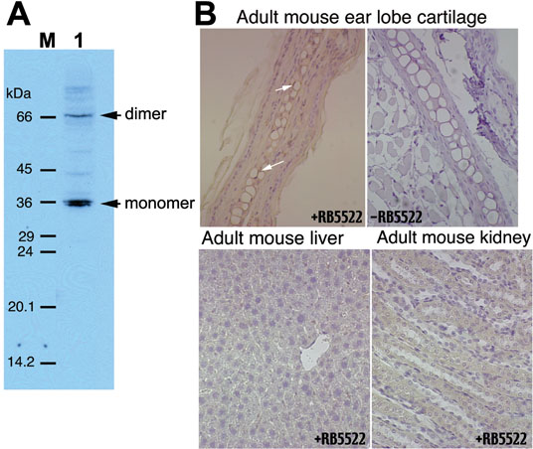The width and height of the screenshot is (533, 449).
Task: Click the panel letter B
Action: coord(206,14)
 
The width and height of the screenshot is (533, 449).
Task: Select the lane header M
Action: coord(48,41)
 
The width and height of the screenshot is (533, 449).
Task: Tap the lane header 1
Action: coord(79,41)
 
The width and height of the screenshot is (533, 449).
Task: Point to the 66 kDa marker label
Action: coord(25,117)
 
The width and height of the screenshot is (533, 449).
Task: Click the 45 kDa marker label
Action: coord(25,169)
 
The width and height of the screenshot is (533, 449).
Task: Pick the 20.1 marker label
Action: coord(22,307)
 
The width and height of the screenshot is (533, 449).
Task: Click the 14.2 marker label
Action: coord(21,363)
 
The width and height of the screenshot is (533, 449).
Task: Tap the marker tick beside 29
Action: coord(48,235)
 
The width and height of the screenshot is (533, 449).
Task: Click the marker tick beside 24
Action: coord(48,252)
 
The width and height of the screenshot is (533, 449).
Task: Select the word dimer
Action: coord(145,114)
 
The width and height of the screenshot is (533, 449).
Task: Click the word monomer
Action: coord(160,203)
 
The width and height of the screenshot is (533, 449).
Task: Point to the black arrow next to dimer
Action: coord(110,116)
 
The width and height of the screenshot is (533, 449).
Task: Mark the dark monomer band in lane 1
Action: coord(80,203)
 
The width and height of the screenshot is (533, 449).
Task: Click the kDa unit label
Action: coord(18,93)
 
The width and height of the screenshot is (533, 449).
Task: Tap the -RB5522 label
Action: coord(395,217)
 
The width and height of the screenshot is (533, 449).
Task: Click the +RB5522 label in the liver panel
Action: coord(340,439)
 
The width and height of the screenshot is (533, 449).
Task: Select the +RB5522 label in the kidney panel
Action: coord(501,439)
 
